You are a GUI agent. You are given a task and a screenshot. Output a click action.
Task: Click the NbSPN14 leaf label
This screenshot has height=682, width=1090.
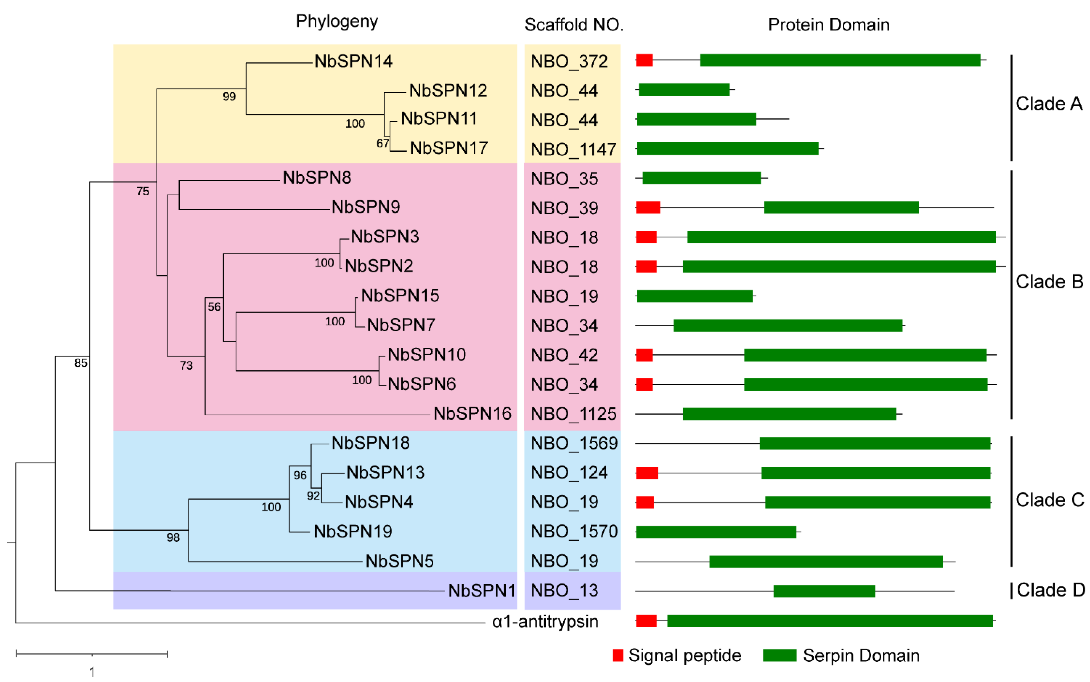coord(353,61)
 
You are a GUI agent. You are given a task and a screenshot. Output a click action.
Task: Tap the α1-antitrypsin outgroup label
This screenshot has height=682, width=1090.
coord(545,622)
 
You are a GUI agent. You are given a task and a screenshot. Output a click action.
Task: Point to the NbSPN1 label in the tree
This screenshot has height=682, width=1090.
coord(482,590)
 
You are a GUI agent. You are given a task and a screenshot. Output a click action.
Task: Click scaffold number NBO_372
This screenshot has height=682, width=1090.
coord(569,61)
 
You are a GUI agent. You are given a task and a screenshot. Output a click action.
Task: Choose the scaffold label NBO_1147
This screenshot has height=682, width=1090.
coord(573,149)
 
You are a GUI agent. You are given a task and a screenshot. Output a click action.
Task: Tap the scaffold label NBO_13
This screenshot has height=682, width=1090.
coord(564,590)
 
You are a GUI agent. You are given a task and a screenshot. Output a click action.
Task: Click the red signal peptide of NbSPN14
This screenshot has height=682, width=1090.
coord(644,60)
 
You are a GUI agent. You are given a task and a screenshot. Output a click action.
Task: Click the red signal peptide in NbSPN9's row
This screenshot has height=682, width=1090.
coord(648,208)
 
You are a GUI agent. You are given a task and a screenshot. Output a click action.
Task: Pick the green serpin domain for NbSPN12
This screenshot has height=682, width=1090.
coord(684,90)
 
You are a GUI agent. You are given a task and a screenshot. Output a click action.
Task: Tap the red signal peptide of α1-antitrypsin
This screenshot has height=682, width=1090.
coord(646,621)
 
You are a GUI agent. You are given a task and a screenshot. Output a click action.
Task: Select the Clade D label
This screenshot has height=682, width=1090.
coord(1050,590)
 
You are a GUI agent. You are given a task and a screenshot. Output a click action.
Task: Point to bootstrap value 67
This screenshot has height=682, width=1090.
coord(382,143)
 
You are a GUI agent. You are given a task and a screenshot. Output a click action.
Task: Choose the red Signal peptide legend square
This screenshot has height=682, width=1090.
coord(618,655)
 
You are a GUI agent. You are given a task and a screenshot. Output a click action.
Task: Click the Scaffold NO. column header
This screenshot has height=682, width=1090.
coord(573,25)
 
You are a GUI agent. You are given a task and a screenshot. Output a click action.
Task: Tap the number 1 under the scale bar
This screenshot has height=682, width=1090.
coord(92,672)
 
